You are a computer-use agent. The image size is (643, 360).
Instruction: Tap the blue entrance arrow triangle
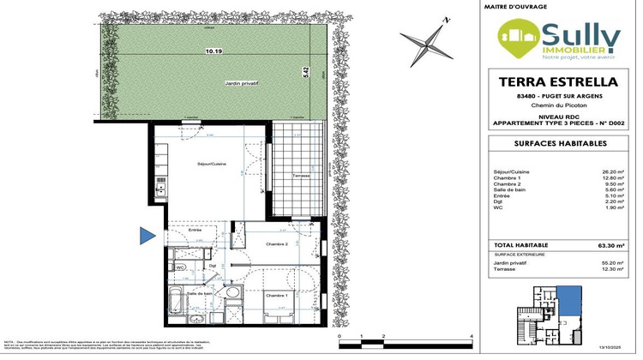pyautogui.click(x=147, y=234)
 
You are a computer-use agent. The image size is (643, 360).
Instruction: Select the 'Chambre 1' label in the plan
pyautogui.click(x=275, y=296)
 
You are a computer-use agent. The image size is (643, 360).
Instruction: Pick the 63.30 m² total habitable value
pyautogui.click(x=614, y=243)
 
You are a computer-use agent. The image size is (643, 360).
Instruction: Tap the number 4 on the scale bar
pyautogui.click(x=472, y=336)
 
